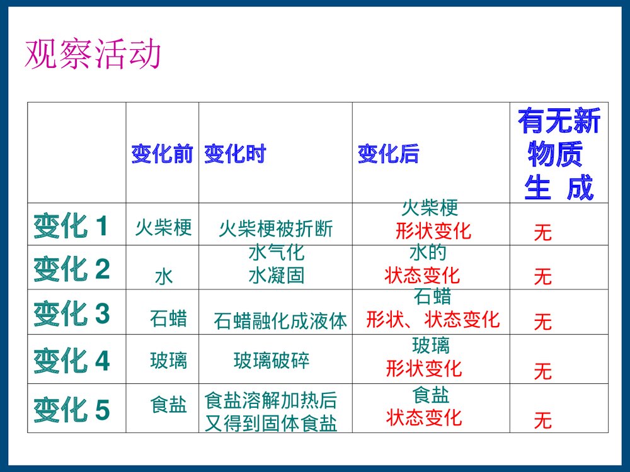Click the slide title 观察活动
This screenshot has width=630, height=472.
[x=93, y=55]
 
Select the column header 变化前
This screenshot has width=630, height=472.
[x=162, y=154]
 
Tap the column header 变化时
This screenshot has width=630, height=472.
[x=234, y=154]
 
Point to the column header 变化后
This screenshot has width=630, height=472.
[x=388, y=154]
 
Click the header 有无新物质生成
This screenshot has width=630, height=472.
[x=559, y=154]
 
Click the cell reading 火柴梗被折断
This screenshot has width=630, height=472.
[x=276, y=229]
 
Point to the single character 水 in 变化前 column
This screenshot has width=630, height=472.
[x=164, y=276]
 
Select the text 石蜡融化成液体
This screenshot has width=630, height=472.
[x=280, y=322]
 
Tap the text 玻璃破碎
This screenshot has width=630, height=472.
[x=272, y=361]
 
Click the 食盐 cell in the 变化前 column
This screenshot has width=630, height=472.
[x=168, y=405]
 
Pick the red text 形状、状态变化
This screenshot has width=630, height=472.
[x=433, y=320]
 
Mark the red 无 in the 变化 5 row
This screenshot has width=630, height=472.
[x=542, y=420]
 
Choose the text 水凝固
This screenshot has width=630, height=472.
[x=277, y=275]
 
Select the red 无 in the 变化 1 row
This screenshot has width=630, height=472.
[x=542, y=233]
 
